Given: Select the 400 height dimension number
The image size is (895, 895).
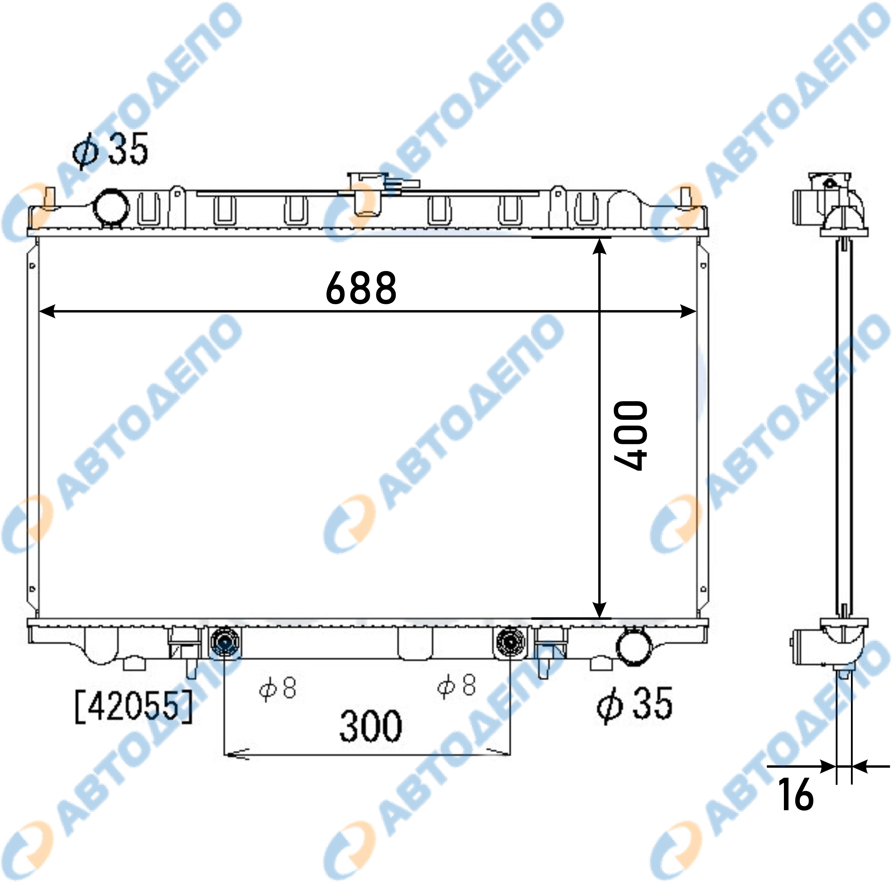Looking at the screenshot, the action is coord(630,435).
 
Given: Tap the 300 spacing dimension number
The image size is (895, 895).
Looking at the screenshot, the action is coord(371,726).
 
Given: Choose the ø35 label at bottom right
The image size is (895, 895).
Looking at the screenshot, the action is coord(635,704).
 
